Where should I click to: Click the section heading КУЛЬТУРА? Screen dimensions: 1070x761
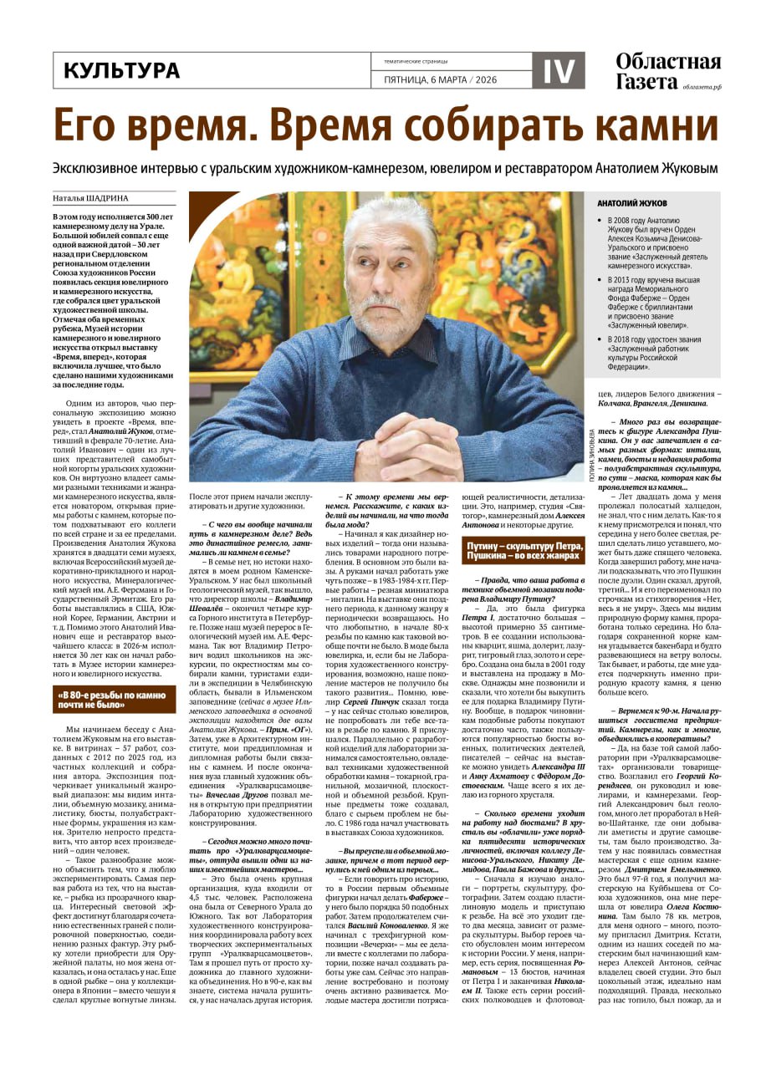[x=121, y=71]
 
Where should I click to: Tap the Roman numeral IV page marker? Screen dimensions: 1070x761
[x=558, y=71]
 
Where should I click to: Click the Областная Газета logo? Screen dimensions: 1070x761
[x=667, y=71]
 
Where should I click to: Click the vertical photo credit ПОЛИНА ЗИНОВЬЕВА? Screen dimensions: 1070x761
[x=592, y=451]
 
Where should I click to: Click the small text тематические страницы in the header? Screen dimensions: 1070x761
[x=416, y=61]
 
